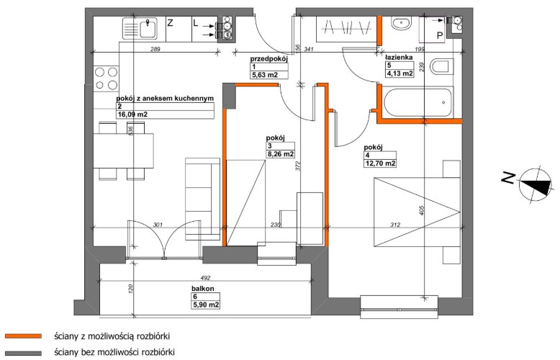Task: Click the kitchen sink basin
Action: [148, 29]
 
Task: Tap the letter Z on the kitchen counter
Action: [171, 23]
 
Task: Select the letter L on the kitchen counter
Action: [195, 23]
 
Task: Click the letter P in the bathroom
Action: [440, 36]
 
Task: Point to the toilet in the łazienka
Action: [441, 67]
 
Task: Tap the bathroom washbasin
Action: [401, 24]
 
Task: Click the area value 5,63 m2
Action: [265, 75]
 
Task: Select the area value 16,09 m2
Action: [132, 114]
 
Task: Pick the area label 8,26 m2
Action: [280, 154]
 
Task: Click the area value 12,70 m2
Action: [380, 163]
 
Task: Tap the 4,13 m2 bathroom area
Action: [399, 74]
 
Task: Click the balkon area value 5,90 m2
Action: [206, 305]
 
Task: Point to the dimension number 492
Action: [206, 278]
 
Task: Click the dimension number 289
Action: [155, 49]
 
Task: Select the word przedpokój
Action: [269, 59]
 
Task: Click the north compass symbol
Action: [535, 185]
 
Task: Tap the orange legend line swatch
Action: [23, 336]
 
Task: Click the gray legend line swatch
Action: [23, 354]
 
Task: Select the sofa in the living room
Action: [202, 199]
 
